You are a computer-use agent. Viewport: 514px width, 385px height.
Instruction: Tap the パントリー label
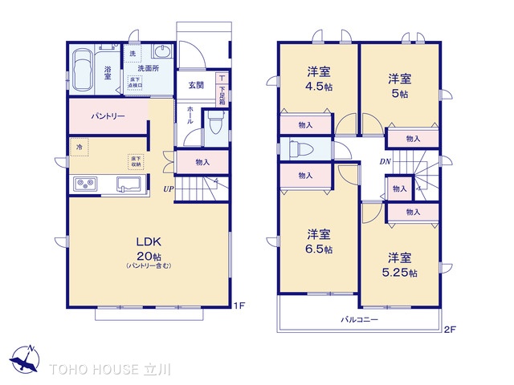(x=107, y=117)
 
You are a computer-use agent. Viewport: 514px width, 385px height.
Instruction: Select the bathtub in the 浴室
(x=82, y=70)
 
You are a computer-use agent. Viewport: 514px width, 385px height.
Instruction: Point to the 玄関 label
(x=196, y=85)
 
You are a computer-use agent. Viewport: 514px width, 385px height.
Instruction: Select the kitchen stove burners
(x=86, y=185)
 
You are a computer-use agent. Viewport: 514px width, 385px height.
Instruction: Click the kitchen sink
(x=129, y=184)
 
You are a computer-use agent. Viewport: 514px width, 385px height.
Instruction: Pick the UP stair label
(x=168, y=189)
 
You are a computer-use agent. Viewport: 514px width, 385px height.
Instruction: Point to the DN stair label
(x=385, y=160)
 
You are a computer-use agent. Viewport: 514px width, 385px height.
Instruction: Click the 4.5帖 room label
(x=318, y=79)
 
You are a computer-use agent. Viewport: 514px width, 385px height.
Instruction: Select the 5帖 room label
(x=400, y=85)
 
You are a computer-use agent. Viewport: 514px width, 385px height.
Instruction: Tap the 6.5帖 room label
(x=318, y=241)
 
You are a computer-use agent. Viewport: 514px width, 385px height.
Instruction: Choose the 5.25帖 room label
(x=400, y=265)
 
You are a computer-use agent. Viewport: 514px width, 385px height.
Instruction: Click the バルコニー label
(x=359, y=319)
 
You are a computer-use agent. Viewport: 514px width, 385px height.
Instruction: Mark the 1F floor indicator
(x=239, y=306)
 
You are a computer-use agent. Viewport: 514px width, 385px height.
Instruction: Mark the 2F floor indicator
(x=450, y=330)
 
